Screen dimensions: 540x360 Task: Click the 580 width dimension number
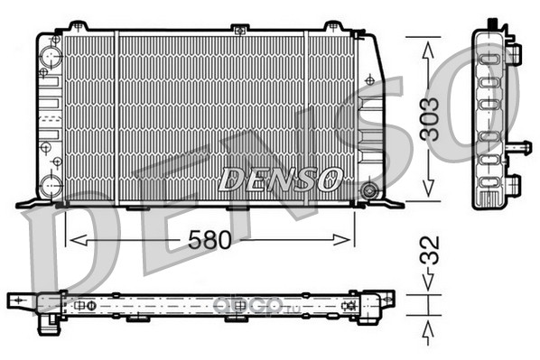pos(209,240)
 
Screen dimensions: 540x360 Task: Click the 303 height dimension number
pos(430,119)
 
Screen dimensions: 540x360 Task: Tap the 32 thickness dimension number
pos(431,250)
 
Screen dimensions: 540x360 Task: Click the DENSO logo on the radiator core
pos(280,180)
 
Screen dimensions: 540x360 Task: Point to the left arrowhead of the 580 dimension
pos(79,240)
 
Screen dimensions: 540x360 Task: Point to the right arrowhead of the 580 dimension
pos(341,240)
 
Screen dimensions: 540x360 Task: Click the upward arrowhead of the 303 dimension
pos(428,51)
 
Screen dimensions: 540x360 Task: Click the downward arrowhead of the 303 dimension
pos(428,188)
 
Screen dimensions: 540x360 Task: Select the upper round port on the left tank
pos(51,56)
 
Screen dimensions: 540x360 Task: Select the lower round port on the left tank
pos(51,185)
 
